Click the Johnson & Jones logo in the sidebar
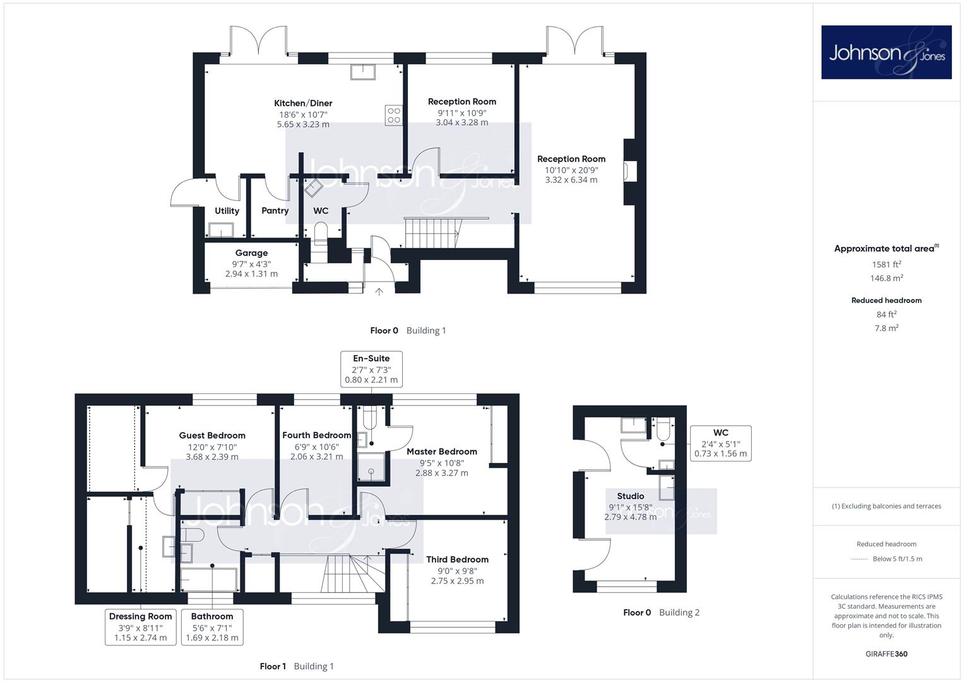pyautogui.click(x=886, y=52)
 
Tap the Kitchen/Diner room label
pyautogui.click(x=303, y=104)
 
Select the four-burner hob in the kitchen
pyautogui.click(x=394, y=116)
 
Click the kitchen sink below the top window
pyautogui.click(x=363, y=73)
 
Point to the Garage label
pyautogui.click(x=251, y=253)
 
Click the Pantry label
pyautogui.click(x=275, y=210)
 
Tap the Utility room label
pyautogui.click(x=227, y=211)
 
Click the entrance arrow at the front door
pyautogui.click(x=379, y=292)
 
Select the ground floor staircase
pyautogui.click(x=432, y=233)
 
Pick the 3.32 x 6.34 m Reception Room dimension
pyautogui.click(x=571, y=180)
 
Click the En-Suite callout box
pyautogui.click(x=371, y=369)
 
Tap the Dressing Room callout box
pyautogui.click(x=140, y=627)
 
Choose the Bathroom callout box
pyautogui.click(x=211, y=627)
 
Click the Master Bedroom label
pyautogui.click(x=442, y=452)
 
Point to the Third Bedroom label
pyautogui.click(x=458, y=559)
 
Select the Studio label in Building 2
pyautogui.click(x=631, y=496)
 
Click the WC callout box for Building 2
pyautogui.click(x=721, y=443)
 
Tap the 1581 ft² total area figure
pyautogui.click(x=886, y=265)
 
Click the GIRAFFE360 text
pyautogui.click(x=886, y=654)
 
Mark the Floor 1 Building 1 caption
pyautogui.click(x=297, y=666)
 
